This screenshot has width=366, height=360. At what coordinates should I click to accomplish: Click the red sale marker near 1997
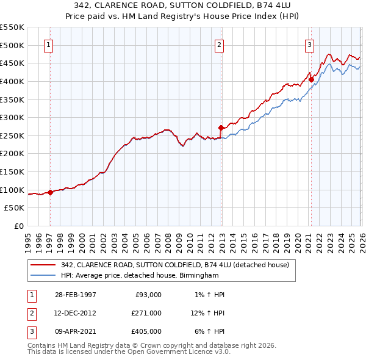point(50,192)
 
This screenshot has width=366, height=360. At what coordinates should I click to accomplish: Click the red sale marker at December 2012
point(221,128)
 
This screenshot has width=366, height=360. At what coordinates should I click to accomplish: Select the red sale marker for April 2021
point(311,79)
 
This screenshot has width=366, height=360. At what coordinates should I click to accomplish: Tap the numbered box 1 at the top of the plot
point(48,44)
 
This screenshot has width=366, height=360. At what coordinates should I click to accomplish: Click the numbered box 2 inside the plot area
point(218,44)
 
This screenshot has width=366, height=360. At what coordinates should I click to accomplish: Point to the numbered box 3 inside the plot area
point(309,44)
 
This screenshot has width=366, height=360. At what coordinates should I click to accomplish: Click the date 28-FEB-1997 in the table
point(75,295)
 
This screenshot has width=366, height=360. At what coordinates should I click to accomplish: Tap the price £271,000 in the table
point(146,313)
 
